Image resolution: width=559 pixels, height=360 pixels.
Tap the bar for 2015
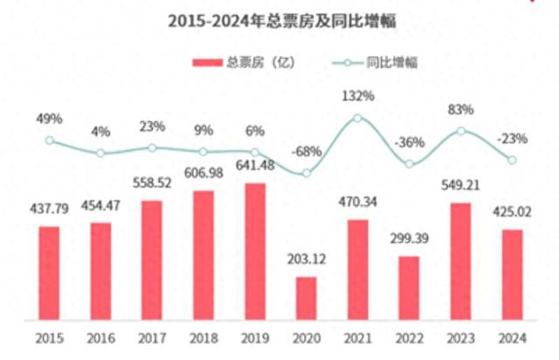(49, 272)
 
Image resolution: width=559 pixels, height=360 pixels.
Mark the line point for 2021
(357, 118)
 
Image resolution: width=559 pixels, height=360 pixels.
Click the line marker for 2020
(307, 173)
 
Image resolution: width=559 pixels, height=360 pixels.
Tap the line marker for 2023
(460, 131)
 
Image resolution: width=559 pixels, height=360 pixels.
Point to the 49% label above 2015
(49, 119)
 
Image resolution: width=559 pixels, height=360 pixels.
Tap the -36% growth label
(410, 142)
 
